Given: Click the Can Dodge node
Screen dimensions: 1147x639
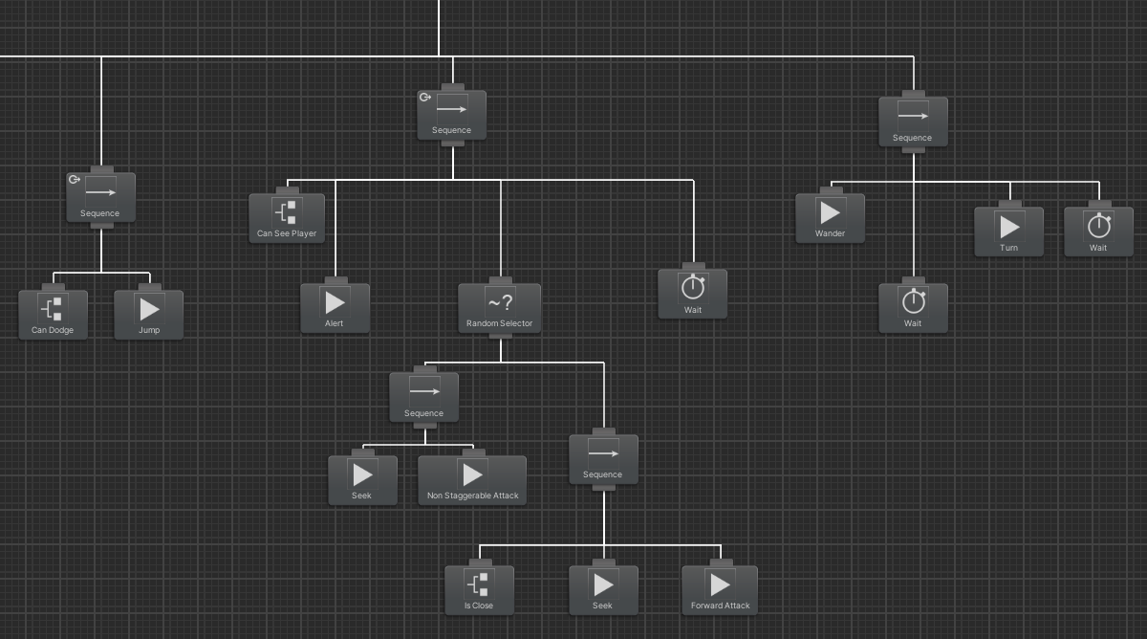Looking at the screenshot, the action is tap(53, 315).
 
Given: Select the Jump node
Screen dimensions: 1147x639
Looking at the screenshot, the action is tap(148, 315).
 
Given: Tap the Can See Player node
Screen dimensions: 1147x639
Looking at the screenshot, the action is tap(287, 218).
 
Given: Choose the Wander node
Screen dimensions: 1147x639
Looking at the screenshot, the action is tap(830, 218).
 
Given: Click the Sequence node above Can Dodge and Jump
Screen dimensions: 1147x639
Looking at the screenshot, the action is tap(100, 198).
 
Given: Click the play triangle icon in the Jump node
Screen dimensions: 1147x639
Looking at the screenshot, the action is tap(149, 308).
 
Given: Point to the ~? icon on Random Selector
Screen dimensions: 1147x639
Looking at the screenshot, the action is tap(500, 302).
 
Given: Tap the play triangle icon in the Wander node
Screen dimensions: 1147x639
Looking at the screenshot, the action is tap(831, 211).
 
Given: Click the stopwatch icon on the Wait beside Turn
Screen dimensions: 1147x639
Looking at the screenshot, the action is tap(1099, 225).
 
